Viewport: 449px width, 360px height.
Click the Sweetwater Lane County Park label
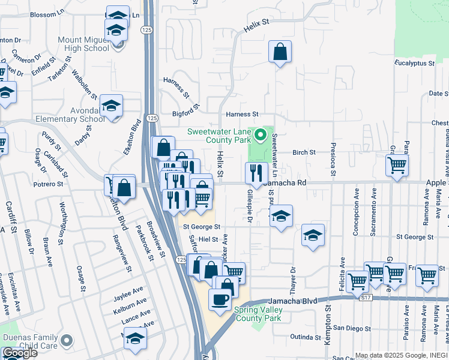(218, 136)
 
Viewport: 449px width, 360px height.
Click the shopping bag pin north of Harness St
(280, 53)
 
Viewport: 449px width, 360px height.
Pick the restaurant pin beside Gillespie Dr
(256, 173)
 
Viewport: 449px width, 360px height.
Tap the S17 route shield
(366, 296)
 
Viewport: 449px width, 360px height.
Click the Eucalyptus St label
(414, 63)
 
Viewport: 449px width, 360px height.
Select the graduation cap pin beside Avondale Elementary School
(111, 106)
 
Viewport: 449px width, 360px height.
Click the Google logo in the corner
(19, 353)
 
